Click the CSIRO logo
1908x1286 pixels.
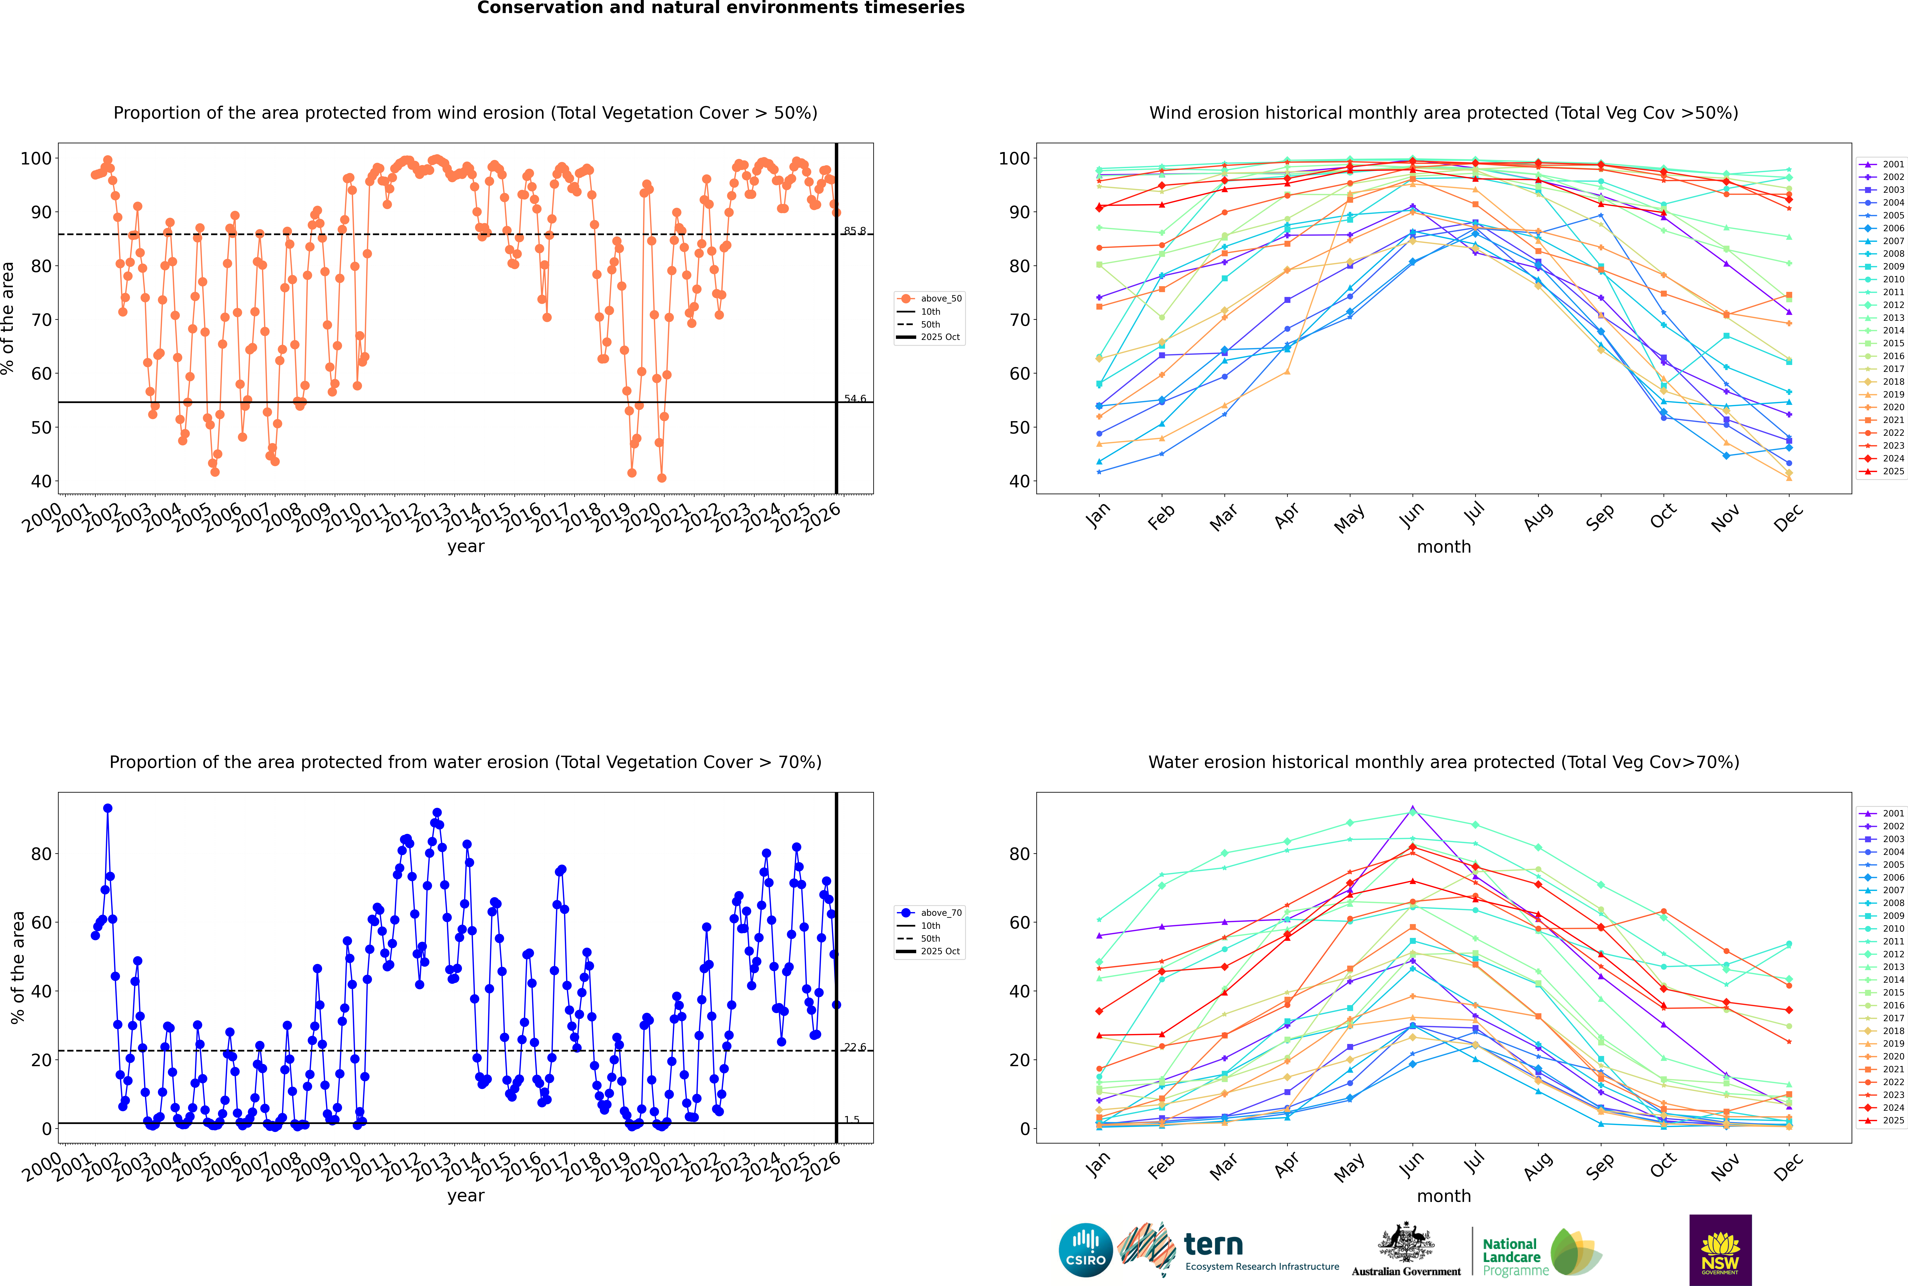point(1085,1250)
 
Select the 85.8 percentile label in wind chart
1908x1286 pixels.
point(855,231)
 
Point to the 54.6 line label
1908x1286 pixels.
point(855,399)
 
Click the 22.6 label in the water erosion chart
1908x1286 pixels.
point(855,1047)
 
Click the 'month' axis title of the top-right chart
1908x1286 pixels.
point(1444,547)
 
